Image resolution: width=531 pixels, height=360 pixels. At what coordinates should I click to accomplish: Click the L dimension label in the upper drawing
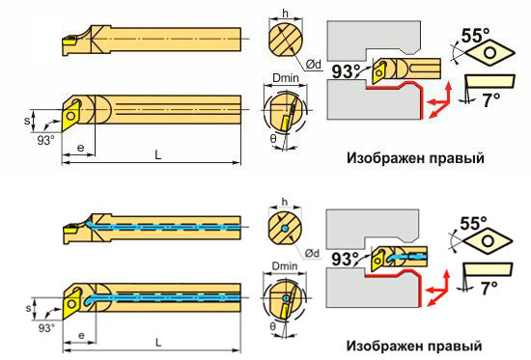pos(157,154)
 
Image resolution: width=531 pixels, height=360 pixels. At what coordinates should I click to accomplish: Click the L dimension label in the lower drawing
pos(158,343)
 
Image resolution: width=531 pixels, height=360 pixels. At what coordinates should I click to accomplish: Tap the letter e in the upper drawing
pos(80,148)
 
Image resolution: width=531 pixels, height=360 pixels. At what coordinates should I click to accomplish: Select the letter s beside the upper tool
pos(27,121)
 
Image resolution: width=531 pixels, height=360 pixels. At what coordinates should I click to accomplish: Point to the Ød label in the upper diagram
pos(313,64)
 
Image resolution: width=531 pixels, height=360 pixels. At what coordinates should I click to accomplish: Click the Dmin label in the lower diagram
pos(285,266)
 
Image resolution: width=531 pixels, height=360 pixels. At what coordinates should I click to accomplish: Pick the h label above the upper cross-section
pos(286,14)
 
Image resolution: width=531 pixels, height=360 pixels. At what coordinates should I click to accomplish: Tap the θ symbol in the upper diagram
pos(273,139)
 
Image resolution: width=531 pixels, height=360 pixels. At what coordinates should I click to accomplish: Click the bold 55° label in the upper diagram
pos(475,35)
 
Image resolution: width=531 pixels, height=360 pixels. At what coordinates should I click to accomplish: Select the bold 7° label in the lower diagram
pos(489,289)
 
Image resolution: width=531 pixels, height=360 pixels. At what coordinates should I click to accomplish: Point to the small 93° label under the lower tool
pos(45,328)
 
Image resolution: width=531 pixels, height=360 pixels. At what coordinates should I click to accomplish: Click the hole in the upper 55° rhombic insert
pos(490,53)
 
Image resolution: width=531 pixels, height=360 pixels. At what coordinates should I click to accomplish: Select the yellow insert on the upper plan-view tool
pos(70,116)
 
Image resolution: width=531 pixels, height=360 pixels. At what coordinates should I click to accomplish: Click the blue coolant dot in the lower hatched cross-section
pos(285,230)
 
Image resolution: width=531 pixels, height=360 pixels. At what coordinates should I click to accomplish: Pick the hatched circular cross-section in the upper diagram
pos(286,40)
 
